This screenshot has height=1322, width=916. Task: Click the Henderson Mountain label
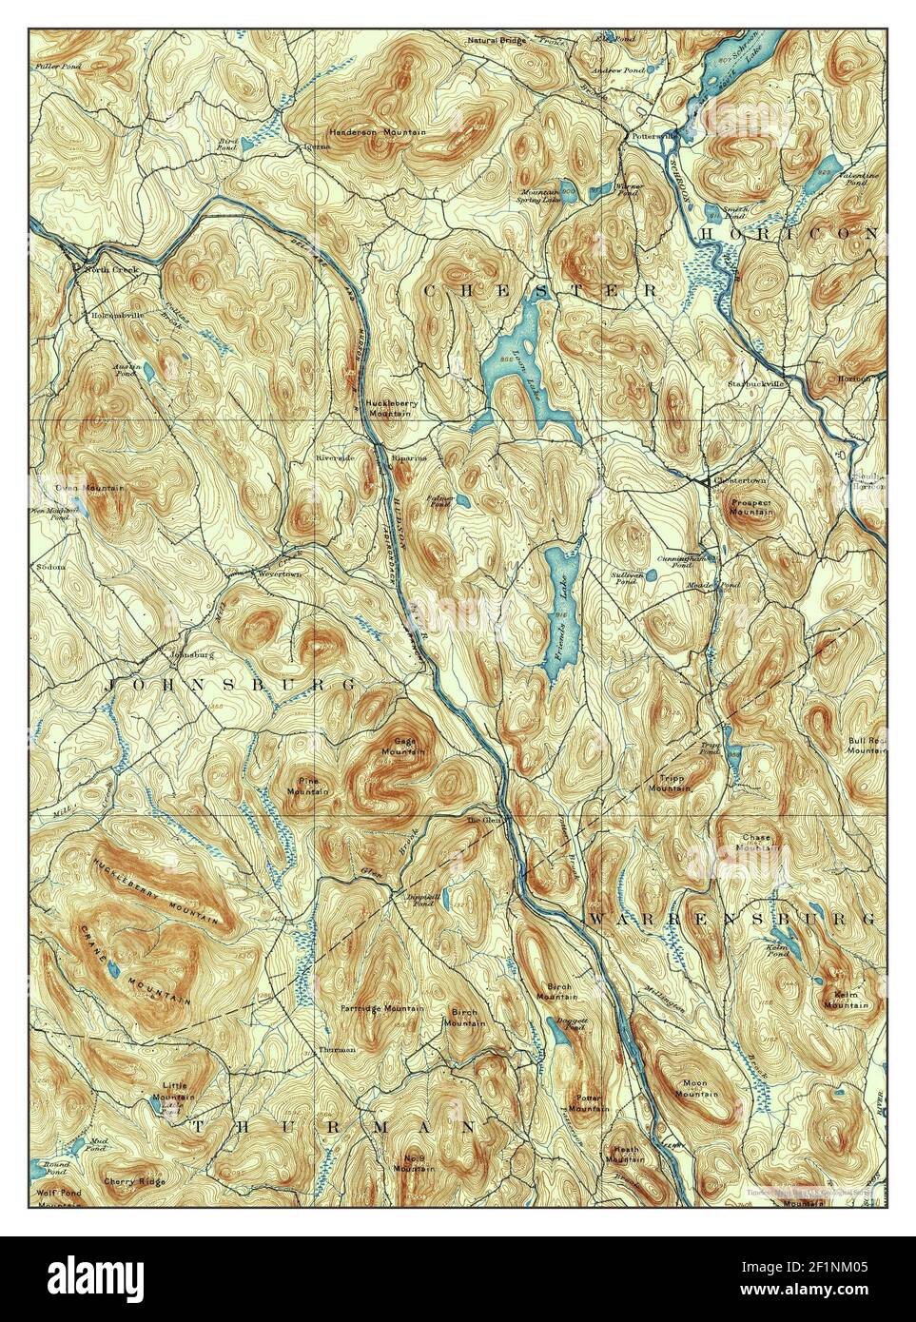378,131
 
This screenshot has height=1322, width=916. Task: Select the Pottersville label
652,136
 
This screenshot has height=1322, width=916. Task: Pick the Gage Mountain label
404,746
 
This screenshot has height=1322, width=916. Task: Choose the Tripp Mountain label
667,783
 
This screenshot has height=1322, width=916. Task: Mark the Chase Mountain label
756,843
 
